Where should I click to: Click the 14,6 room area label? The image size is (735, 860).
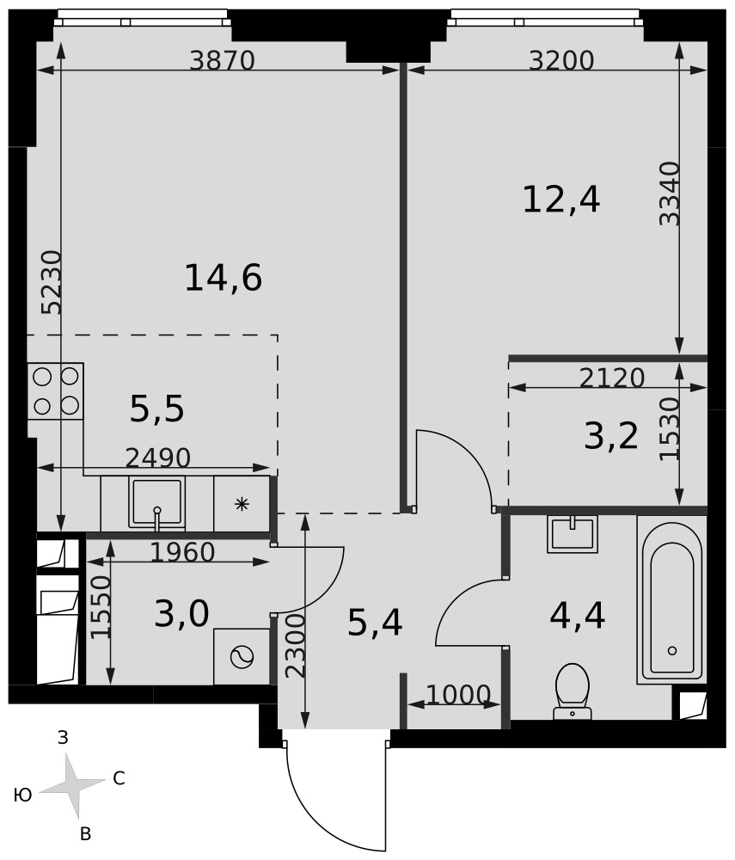pos(223,278)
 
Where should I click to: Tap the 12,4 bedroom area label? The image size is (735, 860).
pos(561,200)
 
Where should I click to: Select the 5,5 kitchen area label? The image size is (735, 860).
pos(156,409)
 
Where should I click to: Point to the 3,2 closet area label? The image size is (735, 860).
pos(611,436)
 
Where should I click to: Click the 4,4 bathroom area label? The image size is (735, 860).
pos(577,616)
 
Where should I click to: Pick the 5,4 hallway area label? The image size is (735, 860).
pos(375,623)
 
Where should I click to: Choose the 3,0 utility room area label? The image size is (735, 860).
pos(181,613)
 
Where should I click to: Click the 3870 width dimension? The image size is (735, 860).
pos(222,60)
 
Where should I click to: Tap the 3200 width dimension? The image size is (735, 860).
pos(561,60)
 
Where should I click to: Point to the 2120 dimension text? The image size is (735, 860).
pos(612,378)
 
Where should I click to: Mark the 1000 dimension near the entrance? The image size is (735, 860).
pos(457,695)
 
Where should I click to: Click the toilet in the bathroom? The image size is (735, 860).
pos(573,691)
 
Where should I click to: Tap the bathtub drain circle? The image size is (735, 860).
pos(672,651)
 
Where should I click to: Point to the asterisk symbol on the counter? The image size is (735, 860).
pos(242,504)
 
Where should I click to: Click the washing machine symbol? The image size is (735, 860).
pos(242,657)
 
